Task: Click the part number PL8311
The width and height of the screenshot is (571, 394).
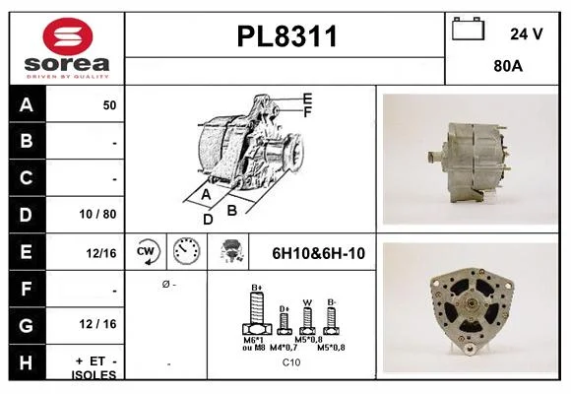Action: click(286, 36)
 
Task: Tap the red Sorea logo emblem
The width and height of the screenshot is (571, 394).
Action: click(68, 36)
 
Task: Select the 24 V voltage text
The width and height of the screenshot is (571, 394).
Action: click(527, 33)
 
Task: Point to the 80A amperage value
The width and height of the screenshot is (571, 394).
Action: click(508, 66)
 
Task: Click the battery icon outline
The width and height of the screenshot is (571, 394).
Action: click(469, 30)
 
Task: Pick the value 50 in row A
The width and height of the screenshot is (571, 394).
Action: click(109, 105)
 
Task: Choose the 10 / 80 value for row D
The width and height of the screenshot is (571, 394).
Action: click(97, 214)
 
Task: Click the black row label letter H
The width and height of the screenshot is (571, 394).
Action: click(26, 362)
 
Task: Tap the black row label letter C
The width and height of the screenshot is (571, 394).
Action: click(26, 178)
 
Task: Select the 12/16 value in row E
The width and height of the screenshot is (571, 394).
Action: click(101, 253)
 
